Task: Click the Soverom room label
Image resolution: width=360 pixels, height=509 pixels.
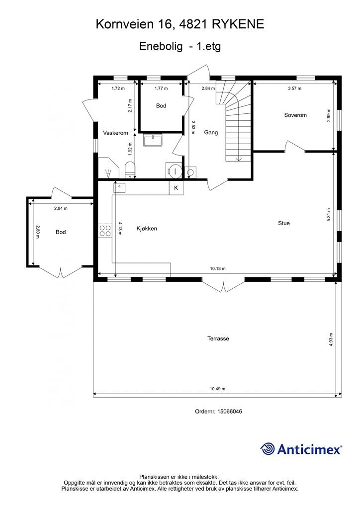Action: [x=295, y=115]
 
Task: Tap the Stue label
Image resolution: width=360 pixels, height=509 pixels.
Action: [x=284, y=223]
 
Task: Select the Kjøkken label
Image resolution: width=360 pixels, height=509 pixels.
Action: [x=147, y=229]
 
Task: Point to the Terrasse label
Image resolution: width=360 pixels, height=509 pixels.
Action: [x=218, y=339]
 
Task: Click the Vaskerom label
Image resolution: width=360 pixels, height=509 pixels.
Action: [x=115, y=133]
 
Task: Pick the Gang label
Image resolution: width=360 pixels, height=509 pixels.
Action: [x=211, y=132]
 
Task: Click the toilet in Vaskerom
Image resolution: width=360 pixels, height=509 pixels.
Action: [x=130, y=170]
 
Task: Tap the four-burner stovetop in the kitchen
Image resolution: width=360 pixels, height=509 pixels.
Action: [x=105, y=231]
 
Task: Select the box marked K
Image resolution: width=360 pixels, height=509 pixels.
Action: [x=176, y=187]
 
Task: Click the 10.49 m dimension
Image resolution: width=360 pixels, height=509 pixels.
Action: [x=217, y=389]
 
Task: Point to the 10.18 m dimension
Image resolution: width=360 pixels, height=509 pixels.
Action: [x=217, y=268]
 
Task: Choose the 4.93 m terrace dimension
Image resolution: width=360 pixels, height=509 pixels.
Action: [x=331, y=339]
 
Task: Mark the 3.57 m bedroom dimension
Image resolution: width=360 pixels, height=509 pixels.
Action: [x=295, y=88]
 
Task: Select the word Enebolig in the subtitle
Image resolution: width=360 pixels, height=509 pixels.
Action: [x=161, y=46]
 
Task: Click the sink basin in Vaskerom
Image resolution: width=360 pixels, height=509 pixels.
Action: [x=153, y=141]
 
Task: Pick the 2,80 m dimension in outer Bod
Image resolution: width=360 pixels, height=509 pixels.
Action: [x=38, y=232]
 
